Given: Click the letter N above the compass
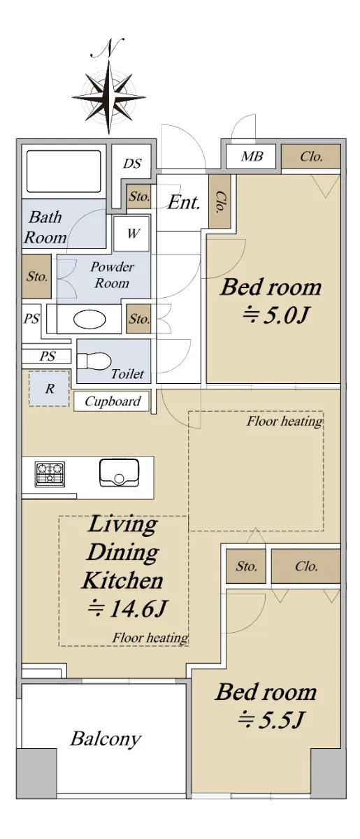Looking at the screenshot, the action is pos(108,49).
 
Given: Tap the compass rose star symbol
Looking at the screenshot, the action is pos(108,96).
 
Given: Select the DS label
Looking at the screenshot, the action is pos(132,164).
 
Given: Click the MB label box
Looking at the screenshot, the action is pos(251,156).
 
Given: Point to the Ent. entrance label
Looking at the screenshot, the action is pos(184,203).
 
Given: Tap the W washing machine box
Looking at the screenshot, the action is pos(131,234).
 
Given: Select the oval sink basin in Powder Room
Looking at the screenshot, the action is pos(89,320).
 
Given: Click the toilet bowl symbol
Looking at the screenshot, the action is pos(94,361).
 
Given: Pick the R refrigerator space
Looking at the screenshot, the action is pos(49,389).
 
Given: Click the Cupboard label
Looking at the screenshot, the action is pos(112,401).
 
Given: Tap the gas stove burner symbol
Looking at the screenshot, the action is pos(50,474).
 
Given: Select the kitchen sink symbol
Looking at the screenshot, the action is pos(119,473).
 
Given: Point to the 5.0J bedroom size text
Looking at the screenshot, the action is pos(275,315).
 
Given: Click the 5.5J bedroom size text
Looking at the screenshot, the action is pos(272,719).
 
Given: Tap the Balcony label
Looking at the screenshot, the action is pos(106,738).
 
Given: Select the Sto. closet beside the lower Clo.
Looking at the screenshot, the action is pos(246,566).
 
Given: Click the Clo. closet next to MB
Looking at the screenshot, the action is pos(311,157).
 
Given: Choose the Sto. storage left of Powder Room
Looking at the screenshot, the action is pos(36,276).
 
